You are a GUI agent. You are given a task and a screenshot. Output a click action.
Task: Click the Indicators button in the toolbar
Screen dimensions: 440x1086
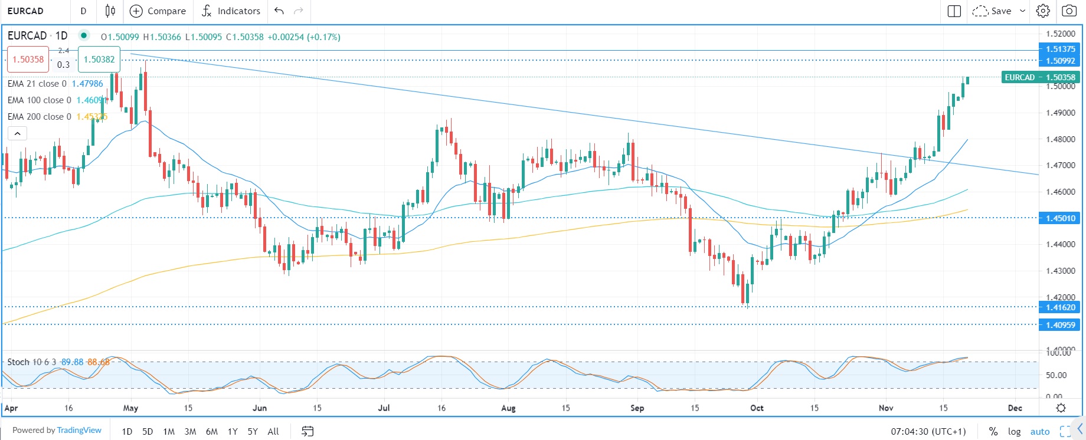pos(231,11)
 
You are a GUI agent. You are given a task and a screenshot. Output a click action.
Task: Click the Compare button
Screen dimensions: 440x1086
pos(158,11)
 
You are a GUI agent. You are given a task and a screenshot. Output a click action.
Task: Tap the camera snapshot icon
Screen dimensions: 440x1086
pos(1069,11)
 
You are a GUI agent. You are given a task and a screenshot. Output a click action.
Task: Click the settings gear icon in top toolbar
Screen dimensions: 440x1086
pos(1043,11)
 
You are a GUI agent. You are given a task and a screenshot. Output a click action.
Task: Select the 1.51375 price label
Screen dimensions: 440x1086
pos(1060,49)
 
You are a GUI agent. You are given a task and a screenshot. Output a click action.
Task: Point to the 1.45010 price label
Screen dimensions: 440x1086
pos(1060,218)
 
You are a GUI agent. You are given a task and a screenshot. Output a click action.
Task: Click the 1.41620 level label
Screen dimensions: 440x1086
pos(1060,307)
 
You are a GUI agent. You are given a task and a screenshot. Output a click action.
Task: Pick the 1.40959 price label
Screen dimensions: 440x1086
pos(1060,325)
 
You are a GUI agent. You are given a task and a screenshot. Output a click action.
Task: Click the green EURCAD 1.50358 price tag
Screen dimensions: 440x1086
pos(1040,77)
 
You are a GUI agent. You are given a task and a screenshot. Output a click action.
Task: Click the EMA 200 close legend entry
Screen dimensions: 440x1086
pos(39,117)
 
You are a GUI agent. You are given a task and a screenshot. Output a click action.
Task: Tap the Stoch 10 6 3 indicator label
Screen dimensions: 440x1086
pos(31,362)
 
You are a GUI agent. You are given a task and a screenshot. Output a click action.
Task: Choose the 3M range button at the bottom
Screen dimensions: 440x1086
pos(190,432)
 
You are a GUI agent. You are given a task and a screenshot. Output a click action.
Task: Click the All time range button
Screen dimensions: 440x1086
pos(273,432)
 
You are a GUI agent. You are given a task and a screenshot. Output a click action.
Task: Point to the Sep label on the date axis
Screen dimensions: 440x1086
pos(637,408)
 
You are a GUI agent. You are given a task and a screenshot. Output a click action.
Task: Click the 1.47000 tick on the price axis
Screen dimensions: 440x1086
pos(1060,166)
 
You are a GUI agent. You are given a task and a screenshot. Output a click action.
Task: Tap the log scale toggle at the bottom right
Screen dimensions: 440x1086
pos(1014,432)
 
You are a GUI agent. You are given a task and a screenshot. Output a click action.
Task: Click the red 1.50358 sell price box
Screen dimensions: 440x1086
pos(28,60)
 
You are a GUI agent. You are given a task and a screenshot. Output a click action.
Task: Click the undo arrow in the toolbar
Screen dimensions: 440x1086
pos(279,11)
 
